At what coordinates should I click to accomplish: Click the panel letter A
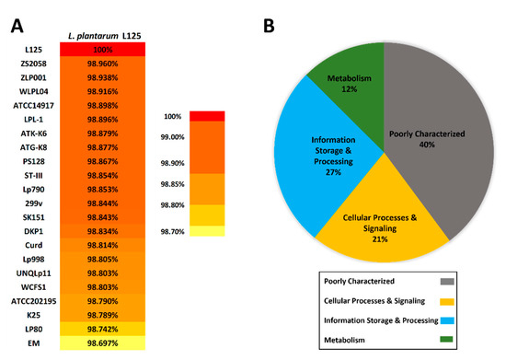click(12, 14)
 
